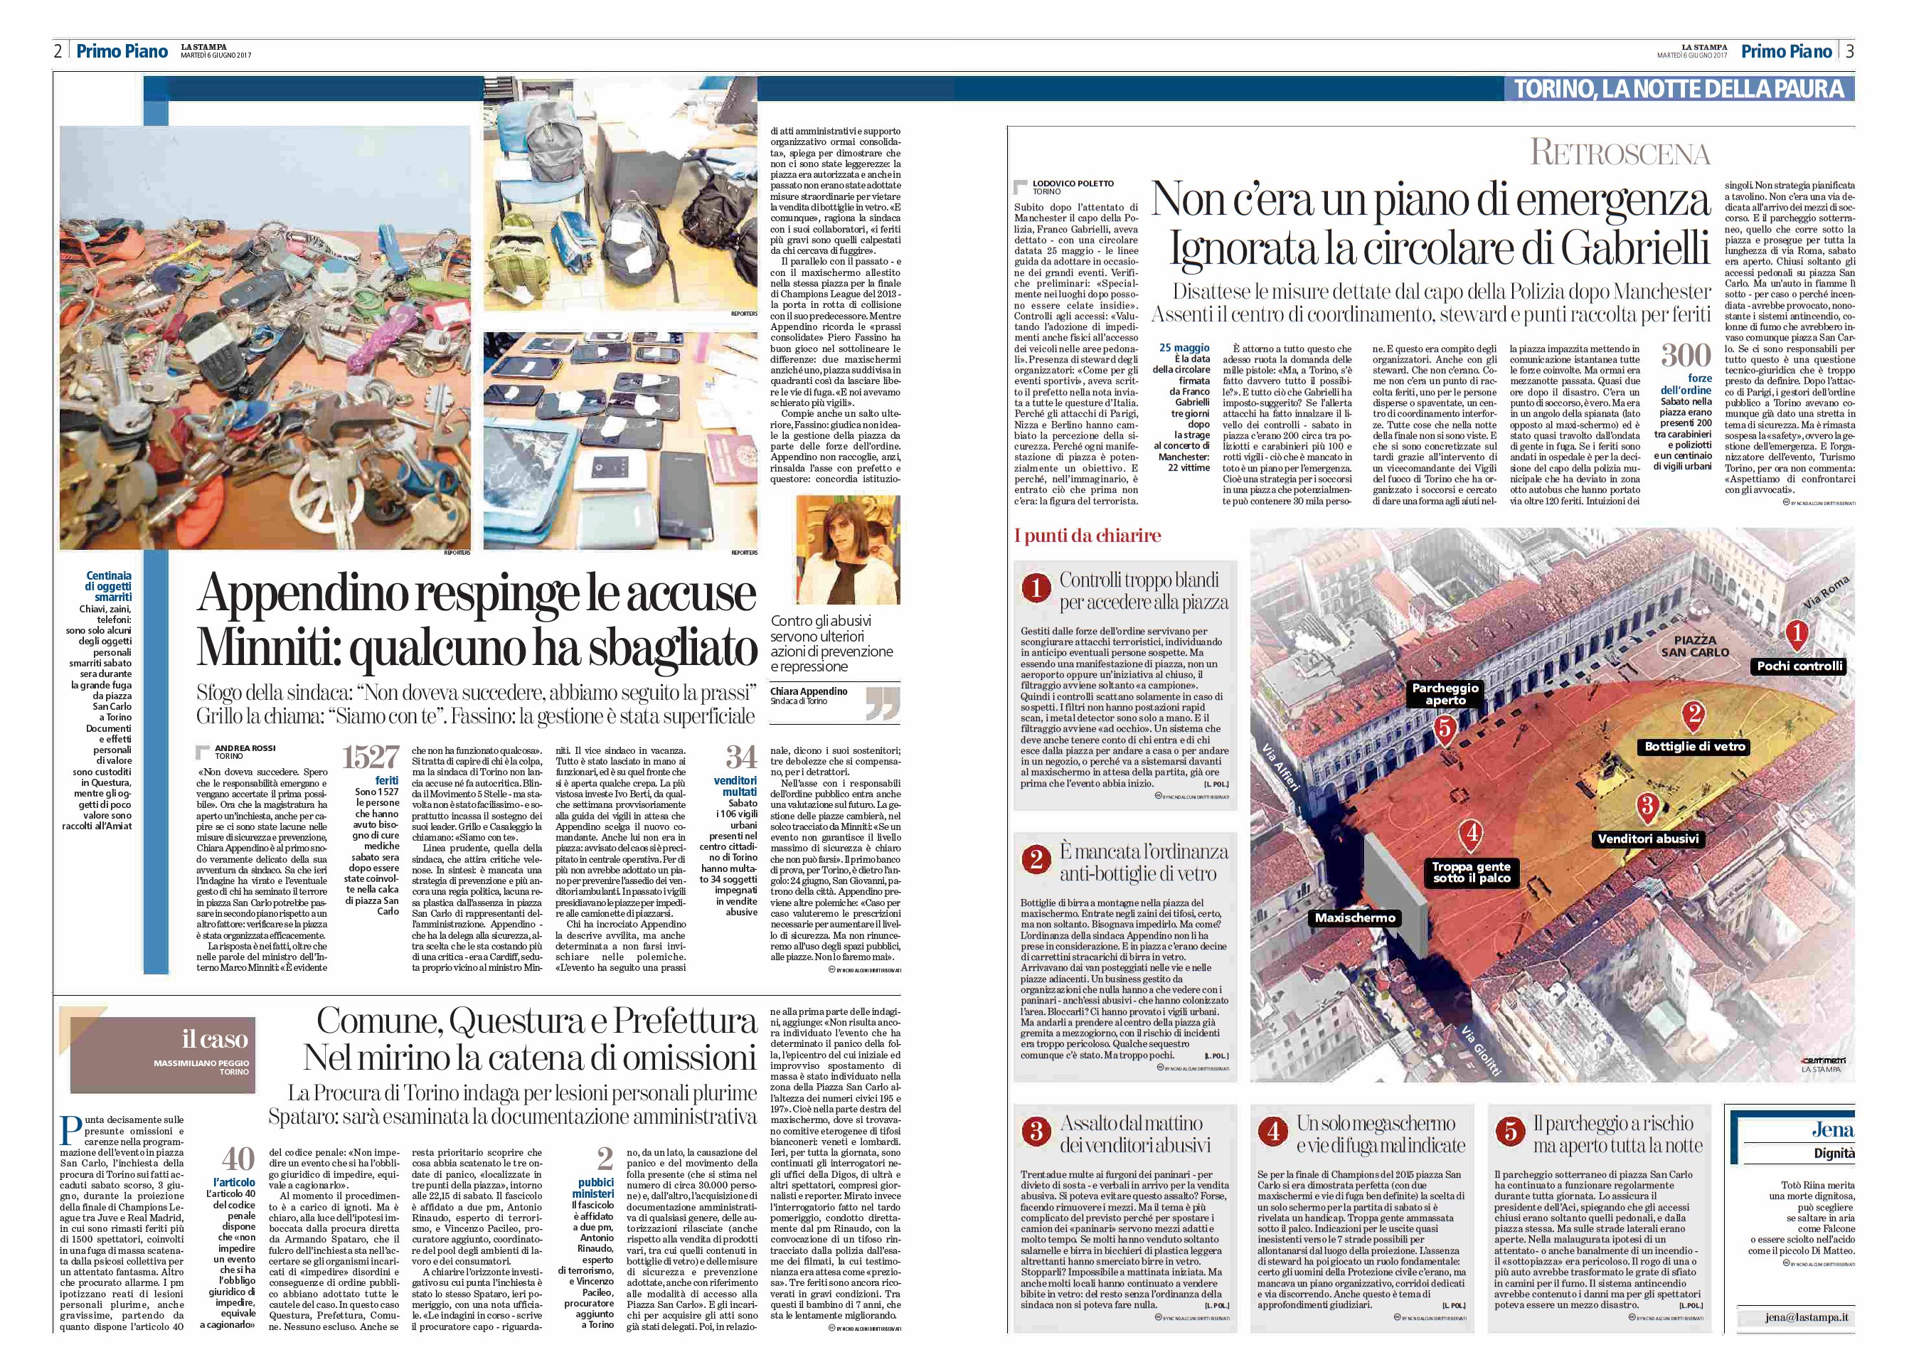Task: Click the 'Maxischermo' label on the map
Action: [1354, 918]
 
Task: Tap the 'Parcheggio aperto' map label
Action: [1445, 693]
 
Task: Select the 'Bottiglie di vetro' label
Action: [1694, 747]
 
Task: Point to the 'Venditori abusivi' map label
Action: [1648, 839]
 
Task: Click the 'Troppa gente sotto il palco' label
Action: [1472, 872]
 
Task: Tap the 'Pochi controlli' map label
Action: [1799, 666]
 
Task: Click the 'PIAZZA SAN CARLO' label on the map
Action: [1694, 646]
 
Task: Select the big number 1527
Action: [370, 757]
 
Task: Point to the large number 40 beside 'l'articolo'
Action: [238, 1159]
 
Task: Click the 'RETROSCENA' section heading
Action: [1620, 153]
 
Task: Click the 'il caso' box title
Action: [215, 1038]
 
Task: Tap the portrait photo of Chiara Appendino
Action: [847, 549]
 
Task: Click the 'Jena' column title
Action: [1831, 1129]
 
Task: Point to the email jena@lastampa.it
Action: [1807, 1317]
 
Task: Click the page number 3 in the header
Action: [1849, 50]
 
